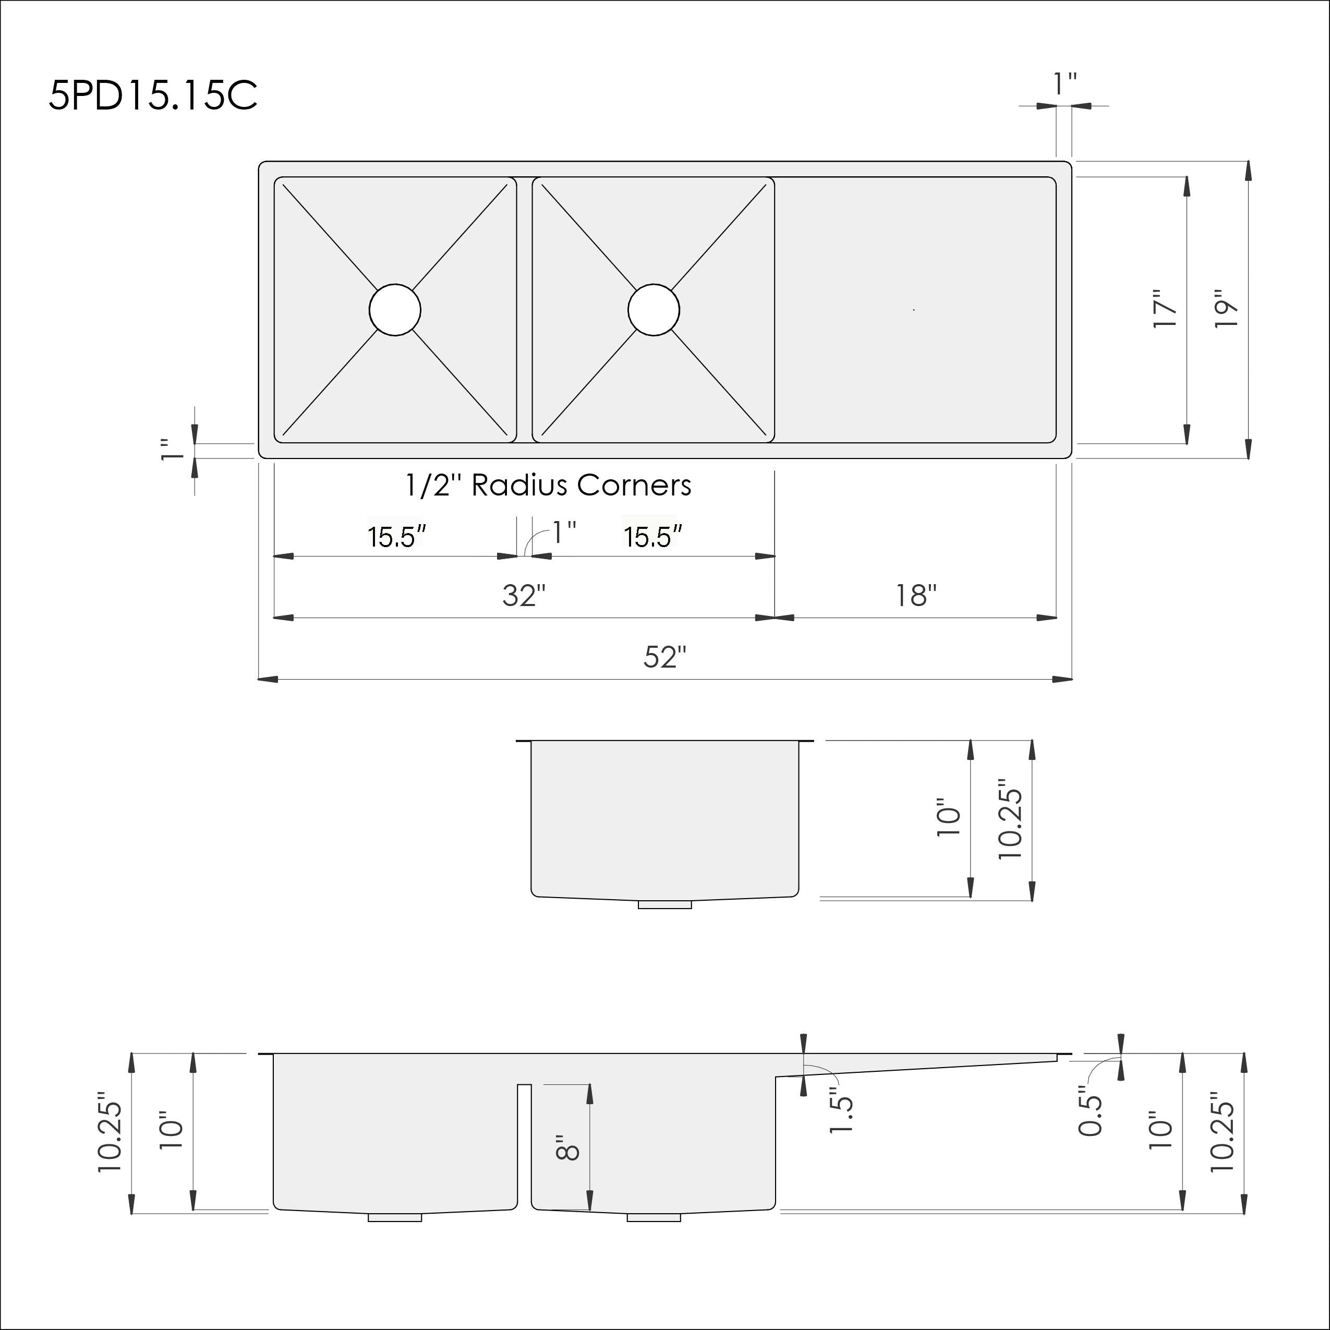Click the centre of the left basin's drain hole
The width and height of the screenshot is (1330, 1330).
(x=394, y=310)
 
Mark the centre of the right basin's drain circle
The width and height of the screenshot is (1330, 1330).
(x=654, y=310)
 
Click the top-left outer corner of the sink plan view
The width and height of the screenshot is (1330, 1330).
(x=259, y=162)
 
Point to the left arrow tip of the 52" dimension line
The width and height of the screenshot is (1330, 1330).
(x=259, y=680)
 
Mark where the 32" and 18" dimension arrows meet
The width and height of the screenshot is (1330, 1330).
(x=775, y=618)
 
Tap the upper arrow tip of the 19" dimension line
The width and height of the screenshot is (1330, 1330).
(x=1248, y=162)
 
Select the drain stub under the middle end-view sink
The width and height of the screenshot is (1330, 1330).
(x=664, y=904)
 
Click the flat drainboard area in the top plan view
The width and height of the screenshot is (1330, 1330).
(x=915, y=310)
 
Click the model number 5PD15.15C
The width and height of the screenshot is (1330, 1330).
(x=153, y=95)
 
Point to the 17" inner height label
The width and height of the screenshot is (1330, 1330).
(x=1166, y=309)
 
